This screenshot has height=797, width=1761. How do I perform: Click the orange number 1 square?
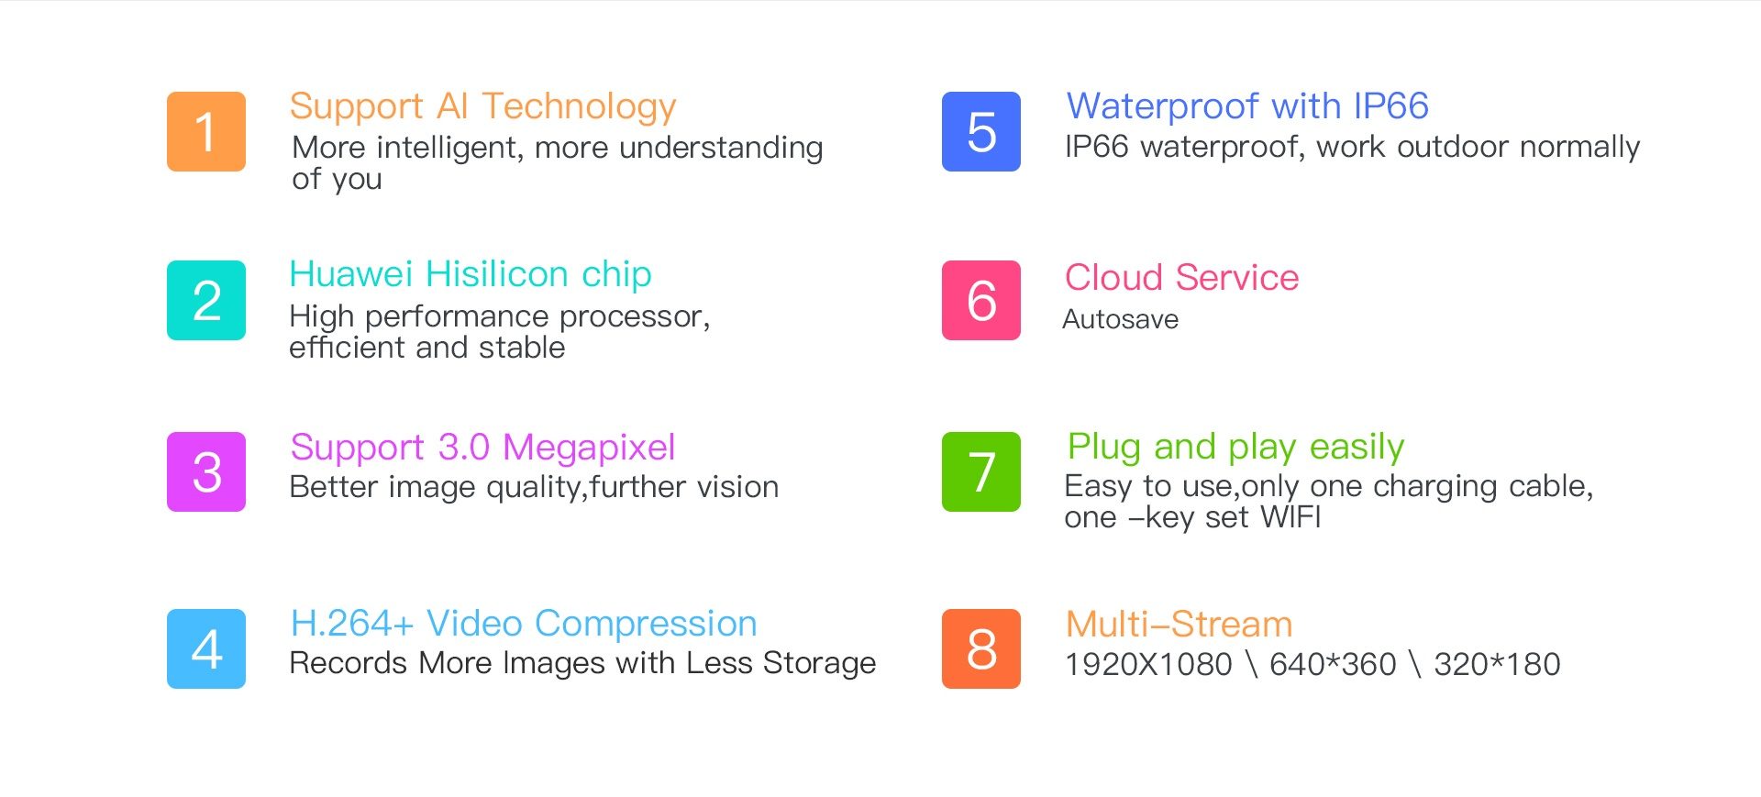206,131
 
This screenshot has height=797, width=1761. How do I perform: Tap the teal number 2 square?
206,300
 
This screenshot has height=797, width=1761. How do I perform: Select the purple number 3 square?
206,471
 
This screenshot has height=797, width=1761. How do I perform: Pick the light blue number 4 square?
206,648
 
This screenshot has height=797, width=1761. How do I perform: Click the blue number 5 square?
981,131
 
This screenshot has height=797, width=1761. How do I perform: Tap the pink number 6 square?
981,300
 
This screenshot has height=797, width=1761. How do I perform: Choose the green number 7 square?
981,471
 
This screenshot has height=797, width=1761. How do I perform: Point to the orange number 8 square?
981,648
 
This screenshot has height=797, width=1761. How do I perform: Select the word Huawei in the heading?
351,274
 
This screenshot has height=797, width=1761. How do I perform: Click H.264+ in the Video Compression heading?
352,624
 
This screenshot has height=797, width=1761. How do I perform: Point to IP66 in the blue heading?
1391,106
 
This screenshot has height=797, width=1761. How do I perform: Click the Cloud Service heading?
1182,277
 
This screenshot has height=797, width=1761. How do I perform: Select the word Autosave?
1121,319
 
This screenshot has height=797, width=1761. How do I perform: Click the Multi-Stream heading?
1180,625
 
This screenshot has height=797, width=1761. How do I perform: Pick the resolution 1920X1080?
1148,664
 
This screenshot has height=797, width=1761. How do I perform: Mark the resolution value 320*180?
1498,664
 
